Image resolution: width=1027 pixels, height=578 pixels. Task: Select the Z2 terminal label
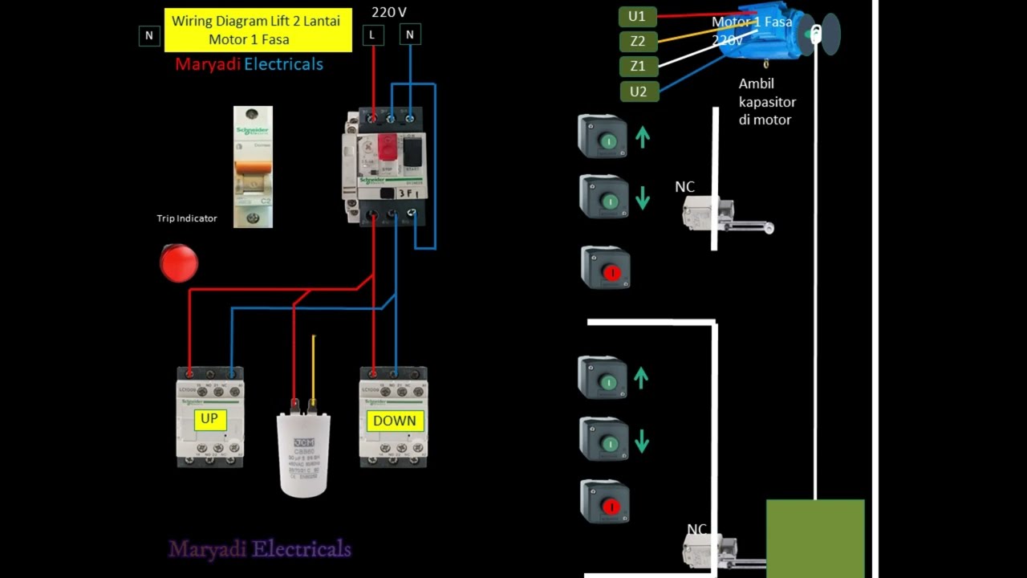tap(638, 41)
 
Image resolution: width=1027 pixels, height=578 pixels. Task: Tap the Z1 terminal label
tap(638, 66)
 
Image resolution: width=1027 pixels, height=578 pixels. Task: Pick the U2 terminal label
tap(638, 92)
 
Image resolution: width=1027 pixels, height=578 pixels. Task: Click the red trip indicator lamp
tap(178, 263)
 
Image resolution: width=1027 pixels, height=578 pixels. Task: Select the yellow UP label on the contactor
tap(209, 419)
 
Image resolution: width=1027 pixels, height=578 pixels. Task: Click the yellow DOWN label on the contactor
tap(394, 421)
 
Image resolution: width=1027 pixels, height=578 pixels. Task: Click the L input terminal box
tap(372, 35)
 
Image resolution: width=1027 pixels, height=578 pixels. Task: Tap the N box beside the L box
tap(410, 35)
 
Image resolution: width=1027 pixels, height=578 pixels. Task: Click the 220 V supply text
tap(389, 12)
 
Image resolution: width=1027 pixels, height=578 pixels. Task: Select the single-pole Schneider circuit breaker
tap(253, 166)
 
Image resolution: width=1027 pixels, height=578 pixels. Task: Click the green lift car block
tap(815, 538)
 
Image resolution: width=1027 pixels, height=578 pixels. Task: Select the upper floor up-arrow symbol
tap(642, 137)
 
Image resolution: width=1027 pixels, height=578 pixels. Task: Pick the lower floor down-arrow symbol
tap(642, 441)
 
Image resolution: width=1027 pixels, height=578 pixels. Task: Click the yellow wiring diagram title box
tap(258, 31)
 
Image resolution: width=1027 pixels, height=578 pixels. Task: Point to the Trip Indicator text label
tap(187, 218)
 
